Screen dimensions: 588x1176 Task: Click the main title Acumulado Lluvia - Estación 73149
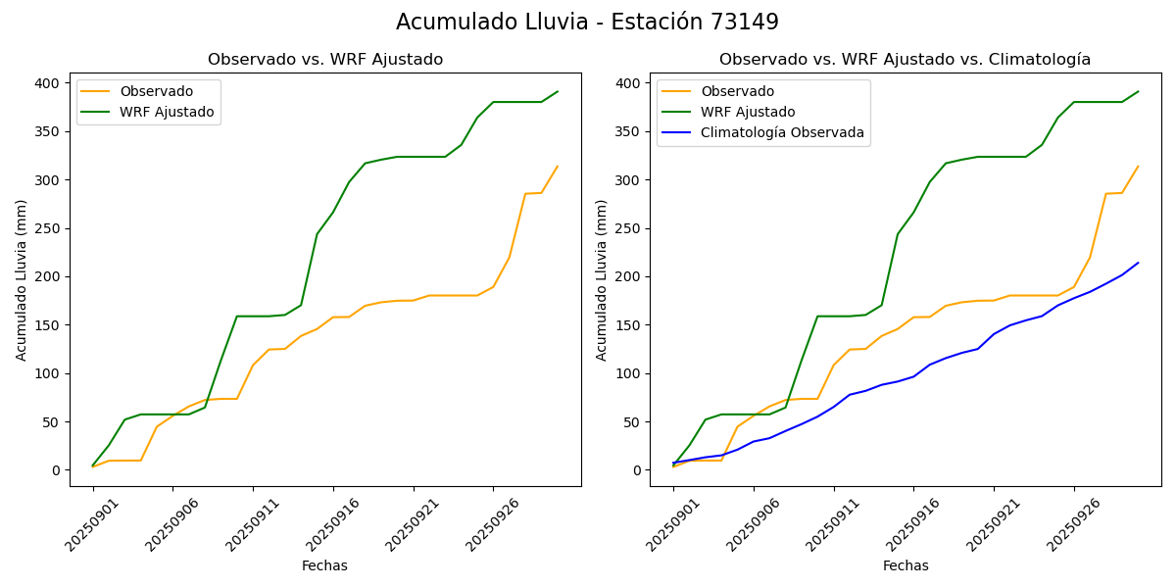click(587, 23)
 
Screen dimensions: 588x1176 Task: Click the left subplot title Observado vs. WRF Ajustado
click(325, 60)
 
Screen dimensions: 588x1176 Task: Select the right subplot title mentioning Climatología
click(905, 60)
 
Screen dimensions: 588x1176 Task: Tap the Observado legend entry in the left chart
click(156, 92)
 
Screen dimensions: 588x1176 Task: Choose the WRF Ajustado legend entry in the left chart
click(167, 113)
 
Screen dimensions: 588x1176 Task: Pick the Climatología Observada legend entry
click(782, 133)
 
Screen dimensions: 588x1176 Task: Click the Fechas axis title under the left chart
click(324, 565)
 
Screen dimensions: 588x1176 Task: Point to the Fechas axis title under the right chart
click(906, 565)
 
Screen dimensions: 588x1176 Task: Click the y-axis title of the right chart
click(602, 279)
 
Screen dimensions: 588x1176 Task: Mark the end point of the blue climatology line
click(1138, 263)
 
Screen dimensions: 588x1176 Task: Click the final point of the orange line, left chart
click(558, 167)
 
